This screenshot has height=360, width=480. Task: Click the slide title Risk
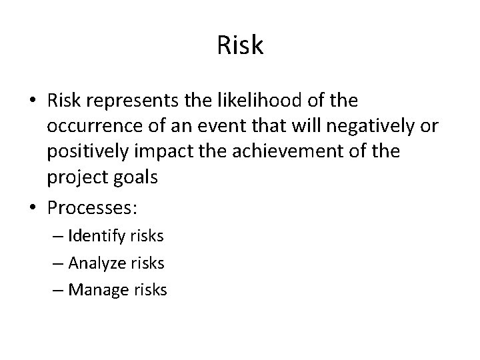(x=240, y=46)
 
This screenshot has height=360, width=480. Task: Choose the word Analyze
(x=97, y=263)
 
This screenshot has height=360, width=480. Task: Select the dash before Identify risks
(x=57, y=235)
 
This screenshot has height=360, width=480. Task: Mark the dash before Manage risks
(x=57, y=290)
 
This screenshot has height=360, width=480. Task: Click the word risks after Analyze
(x=147, y=263)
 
